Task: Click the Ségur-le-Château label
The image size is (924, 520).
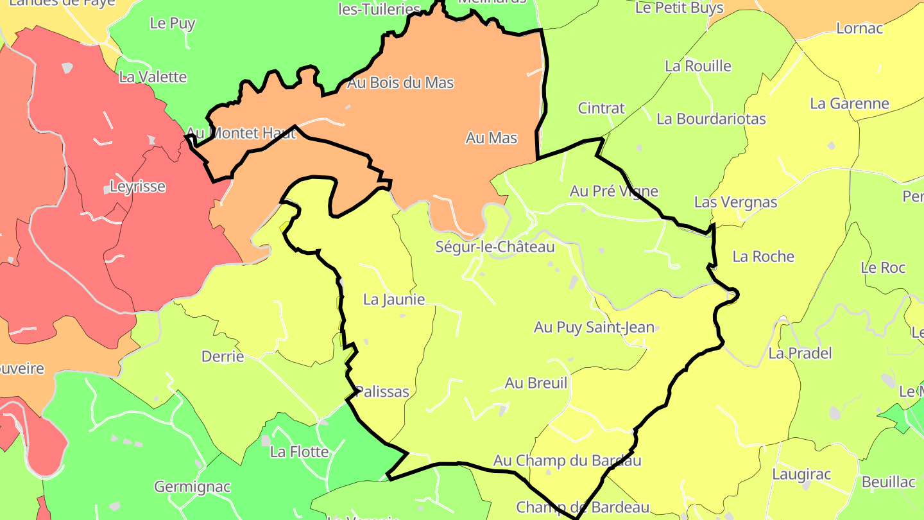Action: click(x=495, y=247)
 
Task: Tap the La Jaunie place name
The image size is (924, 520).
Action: click(x=394, y=300)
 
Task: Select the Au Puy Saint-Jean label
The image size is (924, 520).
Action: click(x=594, y=327)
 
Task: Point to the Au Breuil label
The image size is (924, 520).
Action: click(x=536, y=383)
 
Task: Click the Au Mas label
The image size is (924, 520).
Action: click(x=492, y=138)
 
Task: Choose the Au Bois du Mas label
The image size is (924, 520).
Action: click(x=400, y=83)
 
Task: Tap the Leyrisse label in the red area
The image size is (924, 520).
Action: click(x=138, y=187)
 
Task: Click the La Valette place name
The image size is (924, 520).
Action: click(x=153, y=77)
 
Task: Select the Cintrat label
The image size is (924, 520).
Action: click(x=601, y=108)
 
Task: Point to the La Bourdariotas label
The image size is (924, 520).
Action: click(x=711, y=119)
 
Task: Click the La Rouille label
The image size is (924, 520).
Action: click(x=698, y=66)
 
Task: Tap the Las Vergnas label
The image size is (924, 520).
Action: click(x=735, y=202)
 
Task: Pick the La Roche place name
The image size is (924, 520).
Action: click(x=764, y=257)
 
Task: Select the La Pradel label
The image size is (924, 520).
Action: click(x=800, y=353)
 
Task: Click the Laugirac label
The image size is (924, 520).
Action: click(x=801, y=474)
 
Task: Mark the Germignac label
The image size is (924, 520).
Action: click(x=193, y=487)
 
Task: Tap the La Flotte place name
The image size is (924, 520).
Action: click(x=299, y=452)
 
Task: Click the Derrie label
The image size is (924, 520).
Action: click(x=223, y=356)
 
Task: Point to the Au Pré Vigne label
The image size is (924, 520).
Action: click(x=614, y=191)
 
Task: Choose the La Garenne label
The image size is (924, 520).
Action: click(x=850, y=103)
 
